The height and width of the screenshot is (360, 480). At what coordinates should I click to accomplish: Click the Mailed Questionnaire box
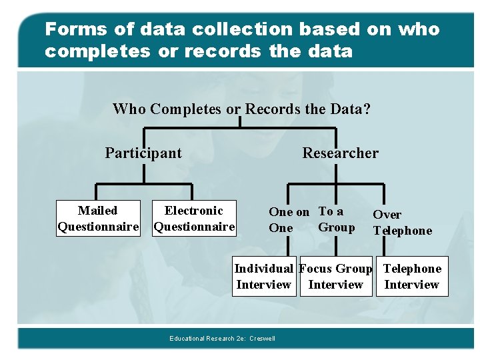(97, 219)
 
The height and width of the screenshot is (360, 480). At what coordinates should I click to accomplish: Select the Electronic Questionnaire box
(194, 219)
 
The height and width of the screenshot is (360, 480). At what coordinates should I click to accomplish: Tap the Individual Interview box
(263, 277)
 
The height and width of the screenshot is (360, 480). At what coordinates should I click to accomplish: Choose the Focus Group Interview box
(335, 277)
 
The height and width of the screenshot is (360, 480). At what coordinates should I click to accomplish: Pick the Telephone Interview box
(412, 277)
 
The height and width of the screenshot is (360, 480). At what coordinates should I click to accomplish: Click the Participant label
(143, 153)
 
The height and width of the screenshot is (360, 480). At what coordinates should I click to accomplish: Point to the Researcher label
(340, 153)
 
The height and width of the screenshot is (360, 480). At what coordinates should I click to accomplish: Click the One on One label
(288, 220)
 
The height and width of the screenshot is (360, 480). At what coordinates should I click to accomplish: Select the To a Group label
(336, 219)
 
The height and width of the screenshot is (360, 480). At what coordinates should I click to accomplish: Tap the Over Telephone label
(402, 223)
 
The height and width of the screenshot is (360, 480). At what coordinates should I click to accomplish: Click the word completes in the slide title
(97, 51)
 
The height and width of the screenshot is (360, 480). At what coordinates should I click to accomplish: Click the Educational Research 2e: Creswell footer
(222, 339)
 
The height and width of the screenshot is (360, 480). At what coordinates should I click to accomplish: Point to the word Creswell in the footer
(262, 339)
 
